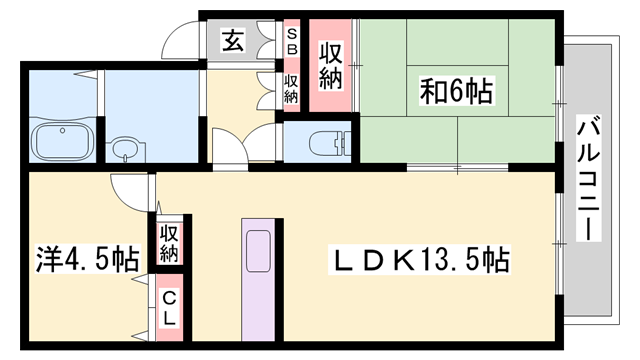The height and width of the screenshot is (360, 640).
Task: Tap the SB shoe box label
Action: click(x=293, y=40)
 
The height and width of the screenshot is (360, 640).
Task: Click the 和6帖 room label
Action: click(x=456, y=92)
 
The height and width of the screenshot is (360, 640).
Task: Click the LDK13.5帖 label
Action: click(x=420, y=262)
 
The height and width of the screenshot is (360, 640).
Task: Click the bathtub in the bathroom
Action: click(x=63, y=141)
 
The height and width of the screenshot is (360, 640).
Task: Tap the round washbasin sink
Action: click(x=124, y=150)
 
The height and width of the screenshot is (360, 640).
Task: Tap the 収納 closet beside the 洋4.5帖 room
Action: click(x=168, y=242)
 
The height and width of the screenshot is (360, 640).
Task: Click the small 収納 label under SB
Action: click(x=292, y=88)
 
